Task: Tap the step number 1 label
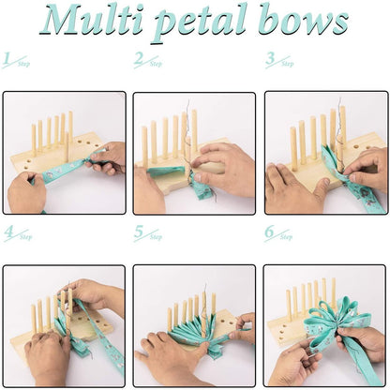(16, 61)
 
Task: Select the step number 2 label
(147, 61)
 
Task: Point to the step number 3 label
(277, 61)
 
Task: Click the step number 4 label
(16, 233)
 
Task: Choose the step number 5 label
(147, 233)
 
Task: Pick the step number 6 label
(277, 233)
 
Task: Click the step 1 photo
(64, 152)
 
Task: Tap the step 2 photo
(195, 152)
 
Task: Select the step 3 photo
(325, 152)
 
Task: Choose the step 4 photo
(64, 325)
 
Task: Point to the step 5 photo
(195, 325)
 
